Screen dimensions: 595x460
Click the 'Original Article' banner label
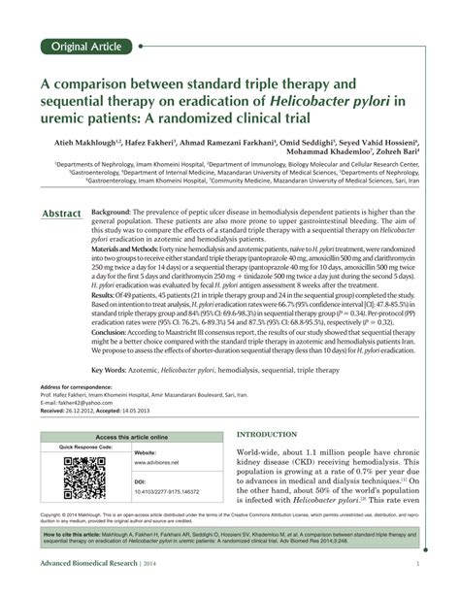[85, 46]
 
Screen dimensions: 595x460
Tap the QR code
[84, 476]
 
